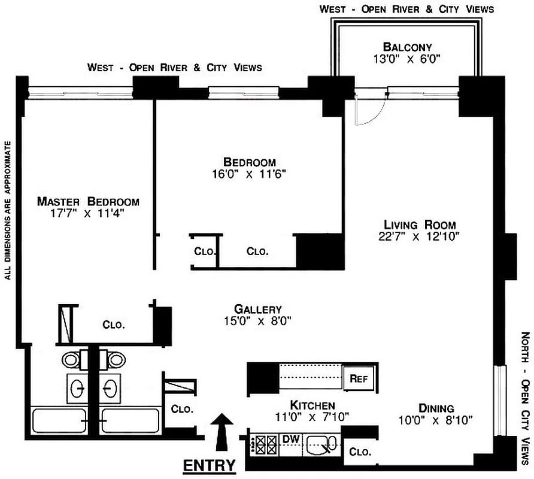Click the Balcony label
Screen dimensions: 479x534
tap(407, 47)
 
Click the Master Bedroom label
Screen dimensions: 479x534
tap(88, 201)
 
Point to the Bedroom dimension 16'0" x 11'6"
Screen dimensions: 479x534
tap(249, 174)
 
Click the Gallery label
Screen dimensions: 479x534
tap(257, 309)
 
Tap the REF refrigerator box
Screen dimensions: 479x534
tap(358, 378)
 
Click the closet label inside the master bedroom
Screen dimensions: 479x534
tap(113, 325)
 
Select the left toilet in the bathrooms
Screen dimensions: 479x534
tap(71, 360)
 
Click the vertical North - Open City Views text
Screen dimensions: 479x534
tap(526, 395)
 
